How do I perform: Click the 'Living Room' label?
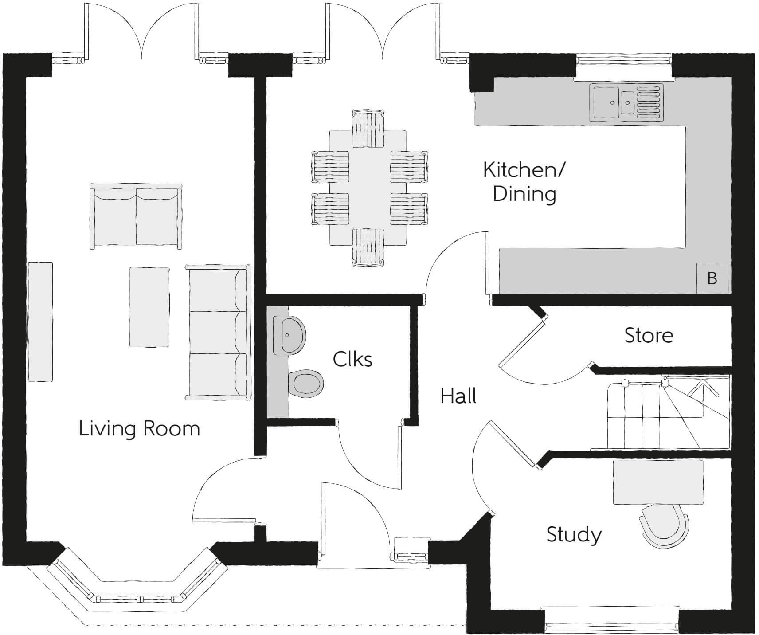tap(139, 429)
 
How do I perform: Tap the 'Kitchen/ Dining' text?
tap(524, 182)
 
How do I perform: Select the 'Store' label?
tap(649, 335)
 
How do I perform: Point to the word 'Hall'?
tap(458, 396)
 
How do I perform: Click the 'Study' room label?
tap(574, 534)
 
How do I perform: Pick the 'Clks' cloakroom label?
tap(352, 359)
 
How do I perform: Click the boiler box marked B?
tap(712, 278)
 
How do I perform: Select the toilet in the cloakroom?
tap(305, 383)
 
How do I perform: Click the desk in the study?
tap(658, 482)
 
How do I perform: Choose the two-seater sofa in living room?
tap(136, 216)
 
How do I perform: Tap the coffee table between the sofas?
tap(149, 307)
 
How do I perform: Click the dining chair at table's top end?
tap(368, 129)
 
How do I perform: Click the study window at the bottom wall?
tap(612, 626)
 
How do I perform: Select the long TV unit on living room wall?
tap(40, 321)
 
